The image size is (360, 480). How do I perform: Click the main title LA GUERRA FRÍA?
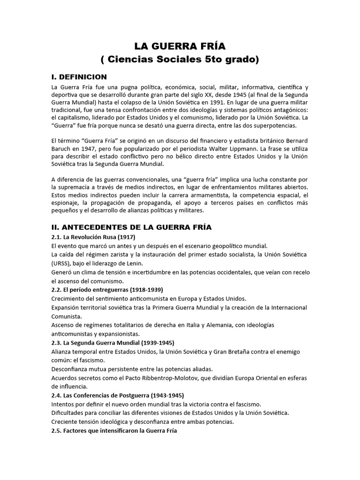point(180,46)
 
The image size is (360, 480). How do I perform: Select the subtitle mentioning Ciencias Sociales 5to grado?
point(180,60)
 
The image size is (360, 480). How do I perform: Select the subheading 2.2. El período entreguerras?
point(107,290)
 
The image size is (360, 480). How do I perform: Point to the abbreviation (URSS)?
point(61,263)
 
